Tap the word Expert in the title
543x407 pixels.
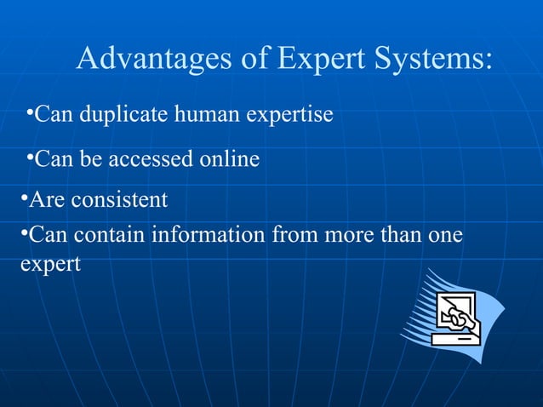coord(320,60)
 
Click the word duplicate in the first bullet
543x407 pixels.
coord(125,114)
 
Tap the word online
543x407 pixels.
coord(230,159)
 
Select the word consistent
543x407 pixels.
coord(119,201)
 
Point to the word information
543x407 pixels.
coord(208,234)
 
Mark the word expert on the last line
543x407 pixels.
coord(49,265)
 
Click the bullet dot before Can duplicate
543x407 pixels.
coord(30,110)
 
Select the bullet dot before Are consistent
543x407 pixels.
coord(24,197)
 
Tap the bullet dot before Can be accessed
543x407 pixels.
coord(30,155)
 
